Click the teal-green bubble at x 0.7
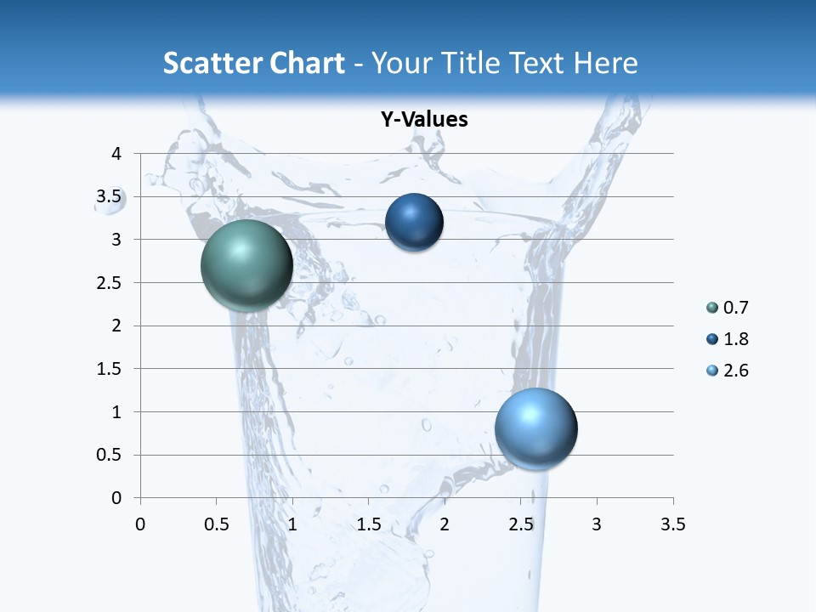click(246, 265)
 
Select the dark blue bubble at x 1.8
click(414, 223)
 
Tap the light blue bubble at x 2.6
click(535, 428)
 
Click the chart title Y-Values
click(424, 120)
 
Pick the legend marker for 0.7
click(712, 308)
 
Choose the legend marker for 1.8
click(712, 339)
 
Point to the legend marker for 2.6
click(712, 371)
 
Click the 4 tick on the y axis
click(116, 154)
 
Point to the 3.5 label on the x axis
click(672, 524)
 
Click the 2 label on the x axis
click(445, 524)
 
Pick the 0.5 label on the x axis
click(216, 524)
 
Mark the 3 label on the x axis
click(597, 524)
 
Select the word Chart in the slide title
click(306, 63)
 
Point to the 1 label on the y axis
click(117, 412)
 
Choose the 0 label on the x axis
click(140, 524)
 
